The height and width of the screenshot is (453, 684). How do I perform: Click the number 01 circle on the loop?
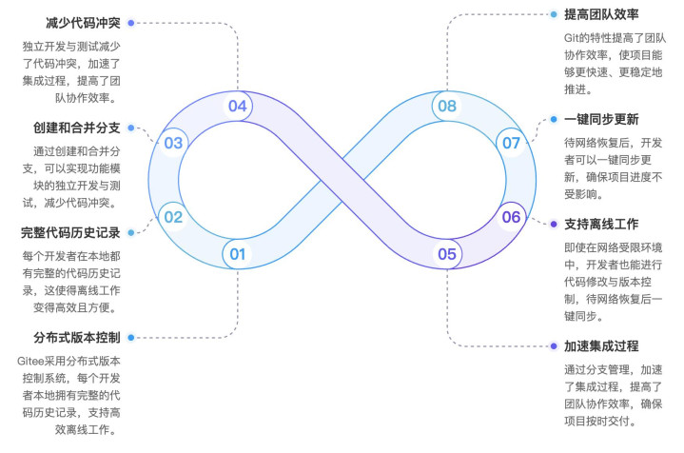pos(237,254)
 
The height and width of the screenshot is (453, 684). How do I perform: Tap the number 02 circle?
pos(173,217)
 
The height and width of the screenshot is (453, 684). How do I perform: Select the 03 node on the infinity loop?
pos(173,143)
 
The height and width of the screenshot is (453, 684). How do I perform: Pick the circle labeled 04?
pos(237,106)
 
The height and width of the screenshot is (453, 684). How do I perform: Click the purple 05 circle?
pos(447,254)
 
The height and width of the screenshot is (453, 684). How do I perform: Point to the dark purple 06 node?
pos(511,217)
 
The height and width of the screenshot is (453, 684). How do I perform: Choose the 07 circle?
pos(511,143)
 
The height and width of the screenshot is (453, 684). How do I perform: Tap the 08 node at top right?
pos(447,106)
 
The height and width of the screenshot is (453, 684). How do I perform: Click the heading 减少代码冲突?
pos(83,23)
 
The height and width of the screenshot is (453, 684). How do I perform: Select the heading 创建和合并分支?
pos(77,128)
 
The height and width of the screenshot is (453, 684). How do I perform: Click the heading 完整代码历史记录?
pos(70,232)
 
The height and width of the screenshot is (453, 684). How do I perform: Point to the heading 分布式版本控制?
pos(77,337)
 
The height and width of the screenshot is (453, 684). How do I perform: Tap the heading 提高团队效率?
pos(601,14)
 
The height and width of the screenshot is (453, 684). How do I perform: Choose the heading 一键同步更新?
pos(601,119)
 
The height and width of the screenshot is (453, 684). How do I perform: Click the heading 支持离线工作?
pos(601,224)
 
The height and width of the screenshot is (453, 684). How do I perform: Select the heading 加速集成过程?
pos(601,346)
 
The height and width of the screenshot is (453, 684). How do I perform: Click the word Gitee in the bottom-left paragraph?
pos(30,362)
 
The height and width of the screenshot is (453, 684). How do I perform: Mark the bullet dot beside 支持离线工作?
pos(554,224)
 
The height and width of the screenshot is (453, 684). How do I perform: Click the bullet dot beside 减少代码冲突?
pos(131,23)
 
